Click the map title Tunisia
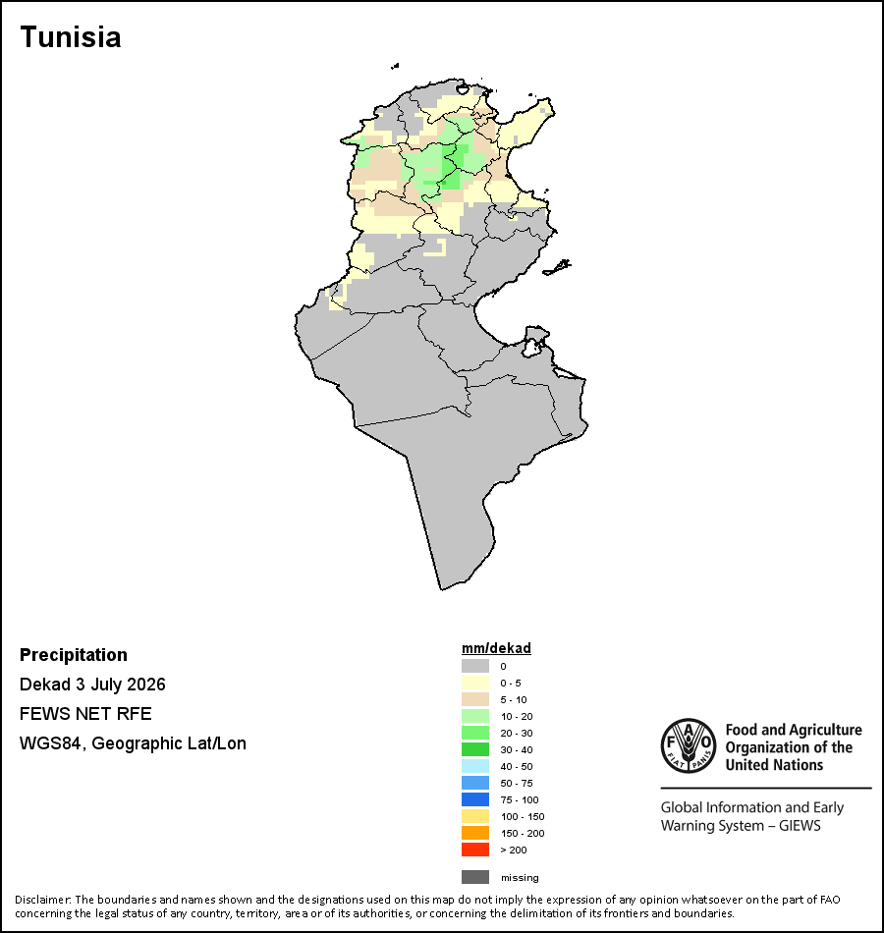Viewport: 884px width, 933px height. pos(71,37)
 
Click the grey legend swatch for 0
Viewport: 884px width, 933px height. pos(475,666)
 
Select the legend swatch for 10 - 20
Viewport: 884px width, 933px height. pos(475,716)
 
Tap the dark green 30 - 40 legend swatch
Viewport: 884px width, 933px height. pos(475,749)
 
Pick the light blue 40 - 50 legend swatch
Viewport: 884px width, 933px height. pos(475,766)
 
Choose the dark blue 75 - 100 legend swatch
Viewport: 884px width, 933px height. pos(475,799)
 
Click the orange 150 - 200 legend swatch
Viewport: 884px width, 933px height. pos(475,833)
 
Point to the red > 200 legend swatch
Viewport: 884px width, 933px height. pos(475,850)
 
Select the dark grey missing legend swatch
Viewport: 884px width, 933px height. pos(475,876)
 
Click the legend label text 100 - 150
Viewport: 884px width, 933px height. pos(523,816)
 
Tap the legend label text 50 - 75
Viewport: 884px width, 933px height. pos(516,783)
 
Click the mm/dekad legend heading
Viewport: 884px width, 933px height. pos(496,648)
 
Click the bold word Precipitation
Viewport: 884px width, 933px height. pos(74,654)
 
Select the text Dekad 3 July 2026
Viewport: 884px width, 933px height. pos(92,685)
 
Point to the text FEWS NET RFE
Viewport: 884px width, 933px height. pos(85,713)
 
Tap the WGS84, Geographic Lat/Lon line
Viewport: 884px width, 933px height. pos(133,743)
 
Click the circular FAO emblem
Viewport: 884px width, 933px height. pos(689,745)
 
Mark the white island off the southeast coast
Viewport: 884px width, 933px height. pos(534,342)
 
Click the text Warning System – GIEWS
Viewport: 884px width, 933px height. pos(741,825)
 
